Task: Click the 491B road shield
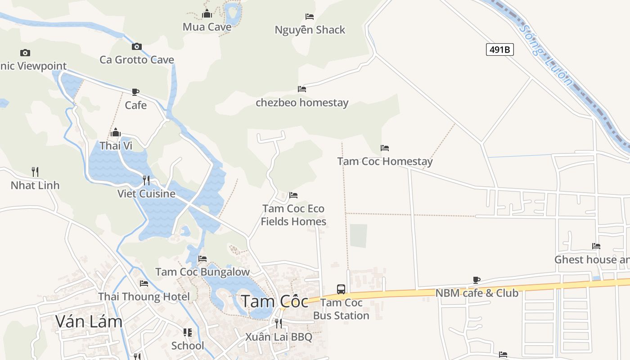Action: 499,49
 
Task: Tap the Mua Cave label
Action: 207,27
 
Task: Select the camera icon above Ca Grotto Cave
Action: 137,46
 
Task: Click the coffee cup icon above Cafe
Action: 135,92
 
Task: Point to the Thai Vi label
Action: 116,146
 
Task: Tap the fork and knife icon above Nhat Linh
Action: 35,171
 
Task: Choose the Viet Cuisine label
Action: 146,193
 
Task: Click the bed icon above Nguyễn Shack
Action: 310,17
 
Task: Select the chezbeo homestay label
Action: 302,103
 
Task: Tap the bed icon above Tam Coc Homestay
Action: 385,148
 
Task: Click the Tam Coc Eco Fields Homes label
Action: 293,215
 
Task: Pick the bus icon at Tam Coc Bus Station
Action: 341,289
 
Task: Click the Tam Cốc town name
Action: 275,301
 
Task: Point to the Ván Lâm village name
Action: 89,321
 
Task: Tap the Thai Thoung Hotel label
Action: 144,297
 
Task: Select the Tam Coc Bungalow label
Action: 202,272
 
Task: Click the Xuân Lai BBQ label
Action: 279,337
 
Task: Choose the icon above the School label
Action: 188,333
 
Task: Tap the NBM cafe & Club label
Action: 477,293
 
